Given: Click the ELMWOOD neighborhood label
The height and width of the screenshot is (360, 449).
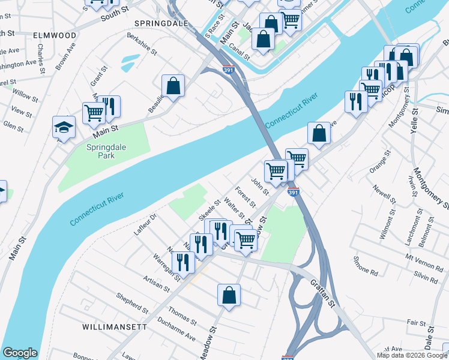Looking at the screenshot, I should pos(55,35).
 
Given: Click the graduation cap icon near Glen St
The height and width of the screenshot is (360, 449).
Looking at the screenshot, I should pos(64,127).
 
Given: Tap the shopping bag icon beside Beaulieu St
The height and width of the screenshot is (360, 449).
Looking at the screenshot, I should pos(173,85).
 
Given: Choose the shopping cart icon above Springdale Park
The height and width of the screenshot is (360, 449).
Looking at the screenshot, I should pos(94,112).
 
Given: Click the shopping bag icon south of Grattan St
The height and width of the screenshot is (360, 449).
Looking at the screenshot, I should pos(229,295).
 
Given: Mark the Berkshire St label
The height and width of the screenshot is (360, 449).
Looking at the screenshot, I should pos(142,44).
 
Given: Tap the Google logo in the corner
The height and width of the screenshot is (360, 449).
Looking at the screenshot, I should pos(20,353).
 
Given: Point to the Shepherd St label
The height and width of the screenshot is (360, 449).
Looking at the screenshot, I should pos(132,304).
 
